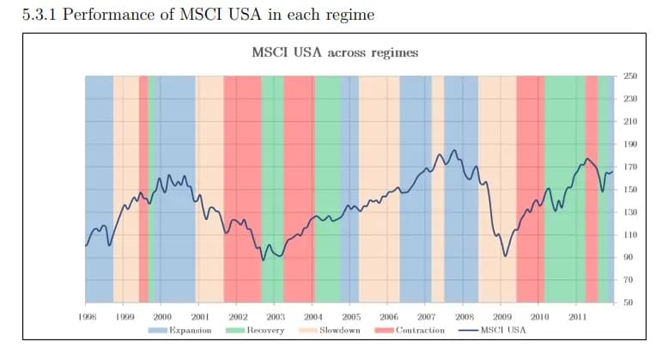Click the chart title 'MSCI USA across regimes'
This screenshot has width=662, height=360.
click(335, 52)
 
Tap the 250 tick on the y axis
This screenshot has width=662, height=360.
click(629, 76)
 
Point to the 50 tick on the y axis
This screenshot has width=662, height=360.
click(629, 302)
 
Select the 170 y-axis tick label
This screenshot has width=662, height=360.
click(629, 167)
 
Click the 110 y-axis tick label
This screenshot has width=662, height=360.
click(629, 235)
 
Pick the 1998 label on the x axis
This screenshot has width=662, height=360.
click(86, 318)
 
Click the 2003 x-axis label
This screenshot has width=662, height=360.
click(276, 318)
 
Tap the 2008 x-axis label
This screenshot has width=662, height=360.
click(465, 318)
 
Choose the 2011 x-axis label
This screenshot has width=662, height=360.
click(578, 318)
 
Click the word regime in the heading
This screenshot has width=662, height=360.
click(349, 16)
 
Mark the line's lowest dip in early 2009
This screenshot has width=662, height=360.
click(506, 256)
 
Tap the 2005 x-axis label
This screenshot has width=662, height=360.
click(351, 318)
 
